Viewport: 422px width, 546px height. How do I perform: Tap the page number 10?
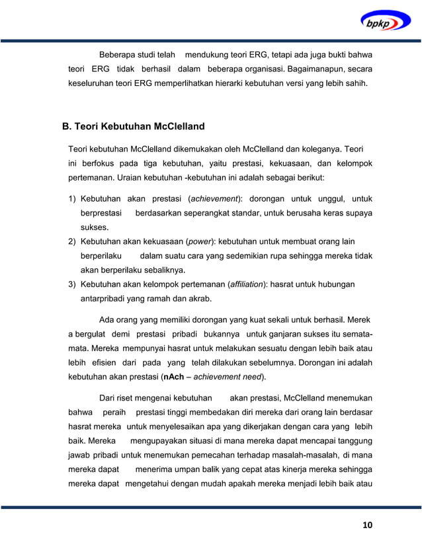[368, 526]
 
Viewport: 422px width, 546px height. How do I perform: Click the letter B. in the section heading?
[66, 126]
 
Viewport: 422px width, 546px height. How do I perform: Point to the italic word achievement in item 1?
[214, 198]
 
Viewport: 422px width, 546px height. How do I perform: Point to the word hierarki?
[235, 84]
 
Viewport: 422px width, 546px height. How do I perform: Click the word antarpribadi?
[106, 299]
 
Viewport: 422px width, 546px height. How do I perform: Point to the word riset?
[133, 398]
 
